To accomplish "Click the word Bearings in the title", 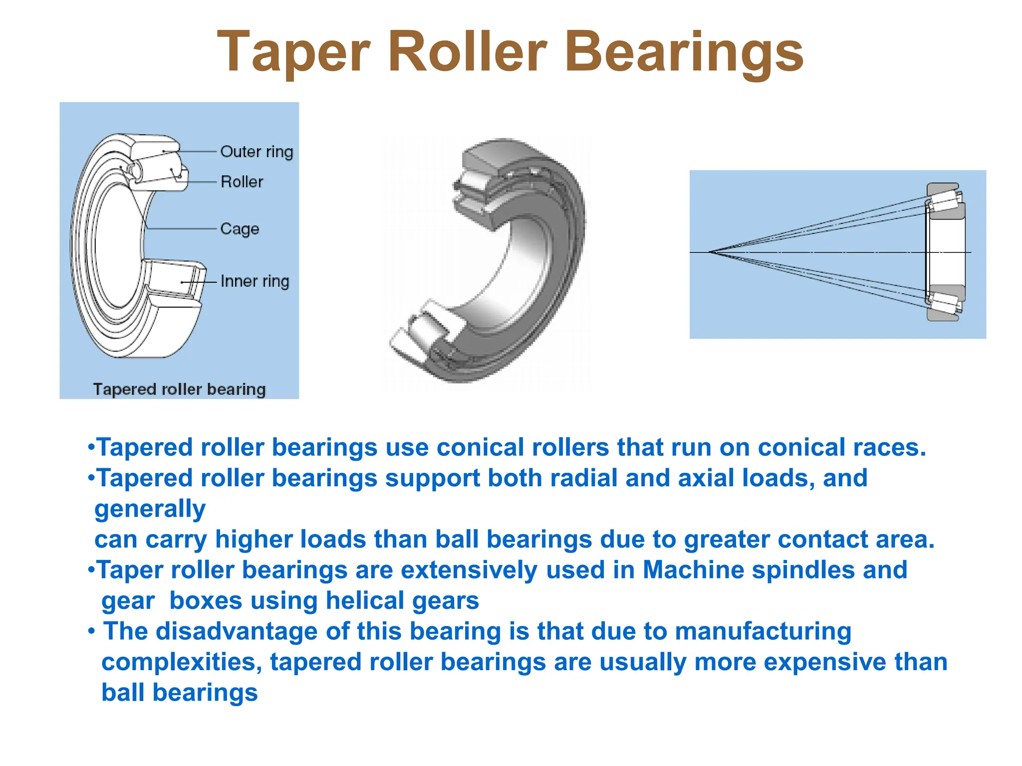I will click(684, 52).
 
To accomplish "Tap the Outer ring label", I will click(256, 152).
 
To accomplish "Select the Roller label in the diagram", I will click(242, 182).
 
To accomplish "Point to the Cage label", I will click(240, 229).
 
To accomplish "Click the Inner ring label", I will click(255, 281).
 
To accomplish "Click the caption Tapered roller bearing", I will click(179, 389).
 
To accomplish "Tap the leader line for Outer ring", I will click(197, 151).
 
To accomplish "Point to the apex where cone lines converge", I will click(710, 252).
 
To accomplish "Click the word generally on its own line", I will click(150, 509).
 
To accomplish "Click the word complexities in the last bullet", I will click(182, 662).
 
